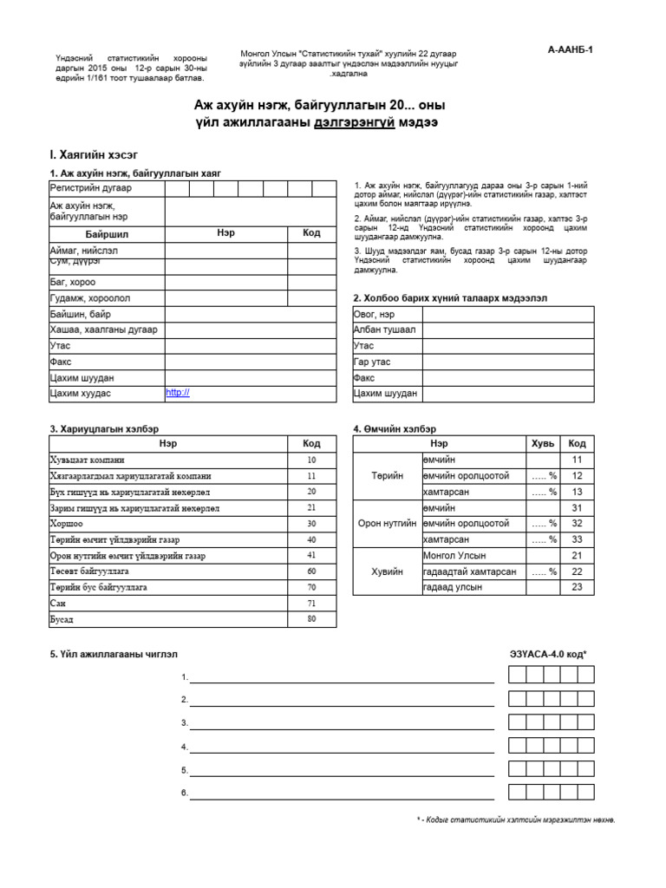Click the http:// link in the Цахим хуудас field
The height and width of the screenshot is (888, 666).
[x=177, y=393]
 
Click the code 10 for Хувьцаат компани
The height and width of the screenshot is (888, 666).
[x=311, y=460]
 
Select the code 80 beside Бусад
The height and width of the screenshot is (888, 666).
[x=311, y=620]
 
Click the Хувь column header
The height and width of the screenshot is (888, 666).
[x=542, y=443]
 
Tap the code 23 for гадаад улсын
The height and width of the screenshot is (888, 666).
[x=577, y=587]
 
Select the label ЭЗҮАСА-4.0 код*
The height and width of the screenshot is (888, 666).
[x=549, y=654]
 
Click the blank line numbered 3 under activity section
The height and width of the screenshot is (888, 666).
[x=342, y=724]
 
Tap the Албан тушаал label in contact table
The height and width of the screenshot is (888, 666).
[x=384, y=330]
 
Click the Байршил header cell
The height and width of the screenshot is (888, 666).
[x=107, y=234]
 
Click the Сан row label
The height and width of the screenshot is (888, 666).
[x=59, y=604]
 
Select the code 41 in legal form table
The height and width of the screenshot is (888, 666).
[x=311, y=555]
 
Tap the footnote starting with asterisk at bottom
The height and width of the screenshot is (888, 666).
[x=515, y=820]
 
